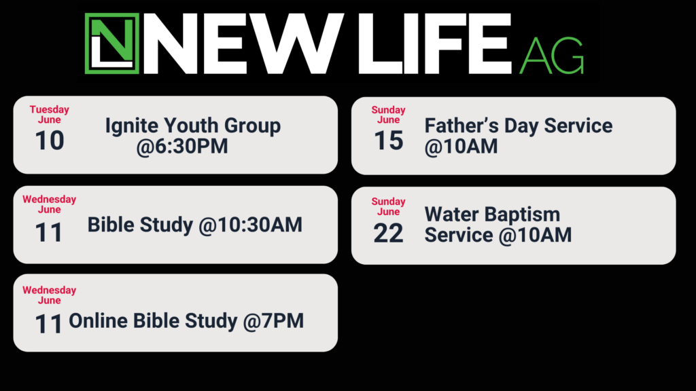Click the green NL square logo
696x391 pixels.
[112, 43]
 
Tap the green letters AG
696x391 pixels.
[551, 56]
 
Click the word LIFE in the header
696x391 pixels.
[436, 43]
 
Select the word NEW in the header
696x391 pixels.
[243, 43]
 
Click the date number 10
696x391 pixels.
[49, 141]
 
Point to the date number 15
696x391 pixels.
[388, 141]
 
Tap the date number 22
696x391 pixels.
[388, 234]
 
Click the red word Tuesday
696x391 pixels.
[49, 109]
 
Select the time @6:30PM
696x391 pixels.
[182, 147]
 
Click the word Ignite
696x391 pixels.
[132, 126]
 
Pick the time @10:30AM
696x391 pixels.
[250, 225]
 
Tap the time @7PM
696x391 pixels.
[273, 321]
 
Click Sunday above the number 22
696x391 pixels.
[388, 201]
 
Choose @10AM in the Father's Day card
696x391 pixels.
[462, 147]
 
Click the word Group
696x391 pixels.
[253, 126]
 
